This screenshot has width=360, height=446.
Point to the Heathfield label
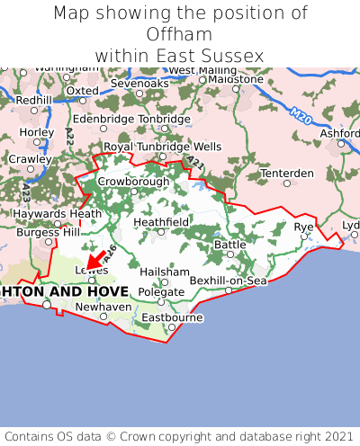tap(161, 221)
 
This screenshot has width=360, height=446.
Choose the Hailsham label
tap(166, 272)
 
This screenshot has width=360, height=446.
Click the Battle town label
tap(229, 244)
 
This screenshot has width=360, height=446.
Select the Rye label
tap(304, 227)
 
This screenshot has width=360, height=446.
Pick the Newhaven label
tap(102, 306)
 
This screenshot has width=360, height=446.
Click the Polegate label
tap(161, 291)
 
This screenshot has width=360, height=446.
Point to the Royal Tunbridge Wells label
tap(162, 146)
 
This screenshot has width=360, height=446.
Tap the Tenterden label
tap(286, 173)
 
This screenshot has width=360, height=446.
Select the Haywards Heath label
tap(50, 214)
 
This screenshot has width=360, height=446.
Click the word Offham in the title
tap(180, 34)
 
